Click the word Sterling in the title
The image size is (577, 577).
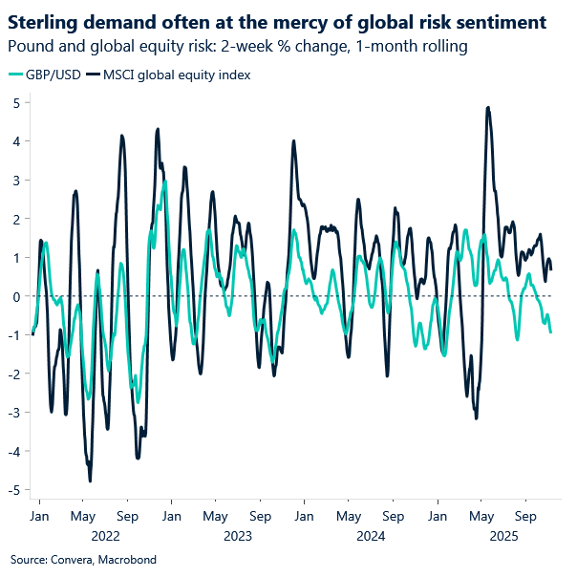coord(44,19)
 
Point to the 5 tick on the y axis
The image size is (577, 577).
coord(17,102)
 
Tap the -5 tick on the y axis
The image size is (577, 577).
coord(15,490)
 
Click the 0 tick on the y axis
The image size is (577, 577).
coord(17,296)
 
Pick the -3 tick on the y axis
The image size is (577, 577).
coord(15,413)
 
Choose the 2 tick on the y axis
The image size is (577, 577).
coord(17,219)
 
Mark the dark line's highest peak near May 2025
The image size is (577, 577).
coord(488,108)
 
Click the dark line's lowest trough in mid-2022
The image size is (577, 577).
coord(90,481)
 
